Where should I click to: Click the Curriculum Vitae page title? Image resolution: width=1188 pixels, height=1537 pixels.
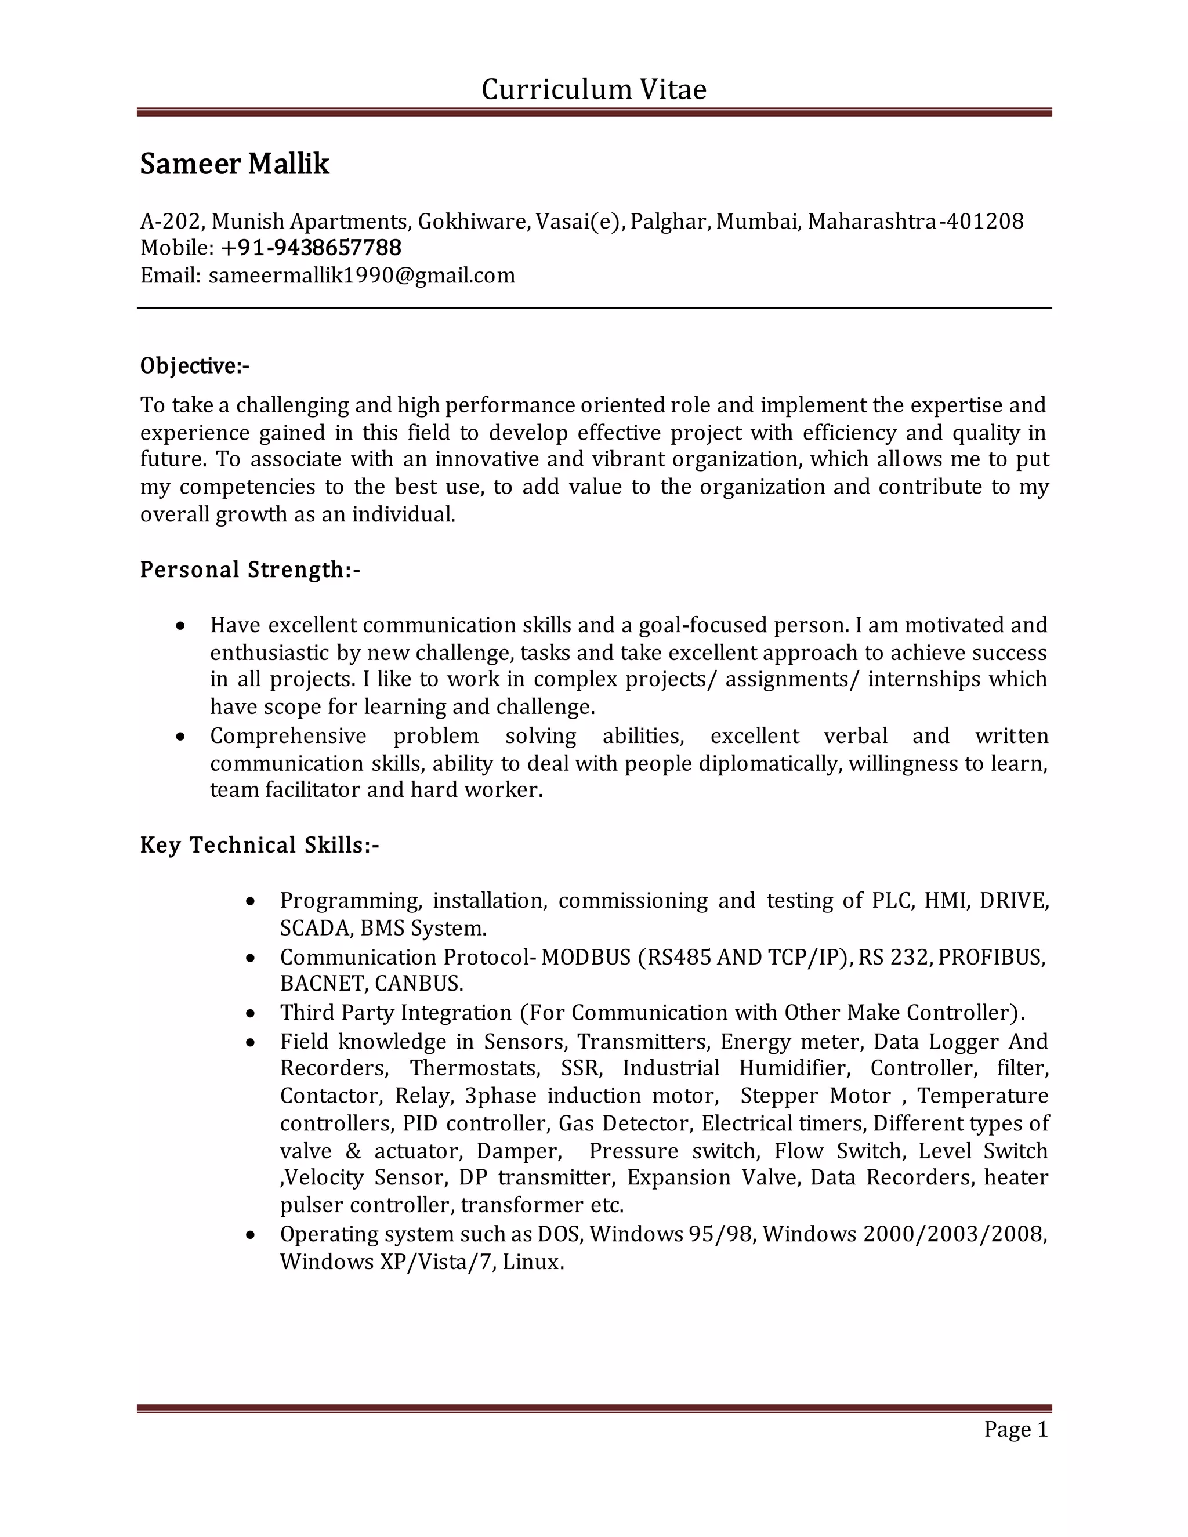click(593, 90)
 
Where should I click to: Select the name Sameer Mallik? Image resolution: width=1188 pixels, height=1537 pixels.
click(234, 164)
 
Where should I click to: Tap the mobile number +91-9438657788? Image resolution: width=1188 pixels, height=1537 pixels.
click(310, 248)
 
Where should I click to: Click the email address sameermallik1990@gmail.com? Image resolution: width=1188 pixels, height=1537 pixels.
click(362, 275)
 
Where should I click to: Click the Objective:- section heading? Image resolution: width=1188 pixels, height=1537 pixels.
click(194, 366)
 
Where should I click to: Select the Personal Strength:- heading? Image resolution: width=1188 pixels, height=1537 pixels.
click(250, 570)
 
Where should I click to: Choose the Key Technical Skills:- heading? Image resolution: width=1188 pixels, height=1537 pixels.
click(259, 844)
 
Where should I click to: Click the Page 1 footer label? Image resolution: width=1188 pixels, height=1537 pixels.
click(1016, 1429)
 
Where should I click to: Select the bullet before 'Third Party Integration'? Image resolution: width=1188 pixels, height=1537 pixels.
click(251, 1014)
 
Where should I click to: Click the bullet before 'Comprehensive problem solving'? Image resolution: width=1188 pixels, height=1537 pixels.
click(181, 737)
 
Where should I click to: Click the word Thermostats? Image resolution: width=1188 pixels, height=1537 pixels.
click(475, 1068)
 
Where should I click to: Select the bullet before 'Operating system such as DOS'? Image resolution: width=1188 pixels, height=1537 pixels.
click(251, 1235)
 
